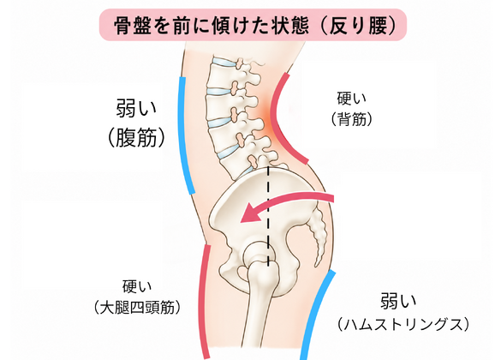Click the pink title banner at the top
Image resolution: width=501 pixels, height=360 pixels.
(253, 25)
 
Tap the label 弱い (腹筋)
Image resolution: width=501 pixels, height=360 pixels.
(136, 123)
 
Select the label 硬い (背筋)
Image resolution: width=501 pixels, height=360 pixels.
(351, 109)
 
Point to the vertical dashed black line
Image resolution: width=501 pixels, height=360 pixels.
(268, 216)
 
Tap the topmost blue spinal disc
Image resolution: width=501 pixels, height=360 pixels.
(225, 63)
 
